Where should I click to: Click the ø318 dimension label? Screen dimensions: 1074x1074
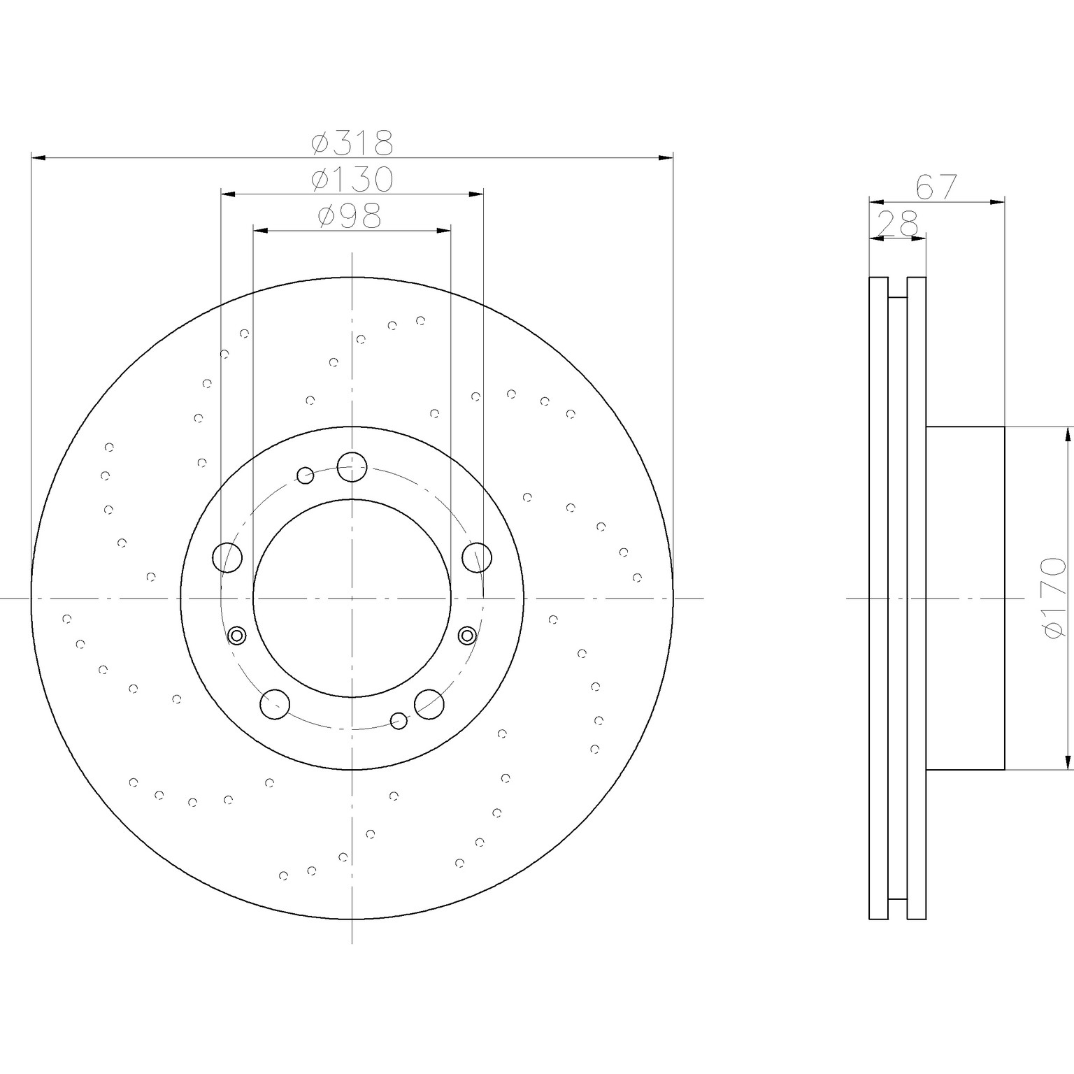(352, 143)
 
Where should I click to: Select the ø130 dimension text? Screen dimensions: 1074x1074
(352, 180)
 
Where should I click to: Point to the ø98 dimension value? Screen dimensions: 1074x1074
(350, 216)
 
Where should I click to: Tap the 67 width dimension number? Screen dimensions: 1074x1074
(936, 187)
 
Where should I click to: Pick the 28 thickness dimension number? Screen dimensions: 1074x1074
(897, 225)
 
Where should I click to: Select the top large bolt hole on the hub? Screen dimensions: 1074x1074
(352, 466)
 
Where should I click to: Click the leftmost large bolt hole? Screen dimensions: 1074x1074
(227, 557)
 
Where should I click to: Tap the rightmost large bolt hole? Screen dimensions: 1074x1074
(478, 557)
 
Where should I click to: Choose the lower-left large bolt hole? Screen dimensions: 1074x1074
(275, 703)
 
